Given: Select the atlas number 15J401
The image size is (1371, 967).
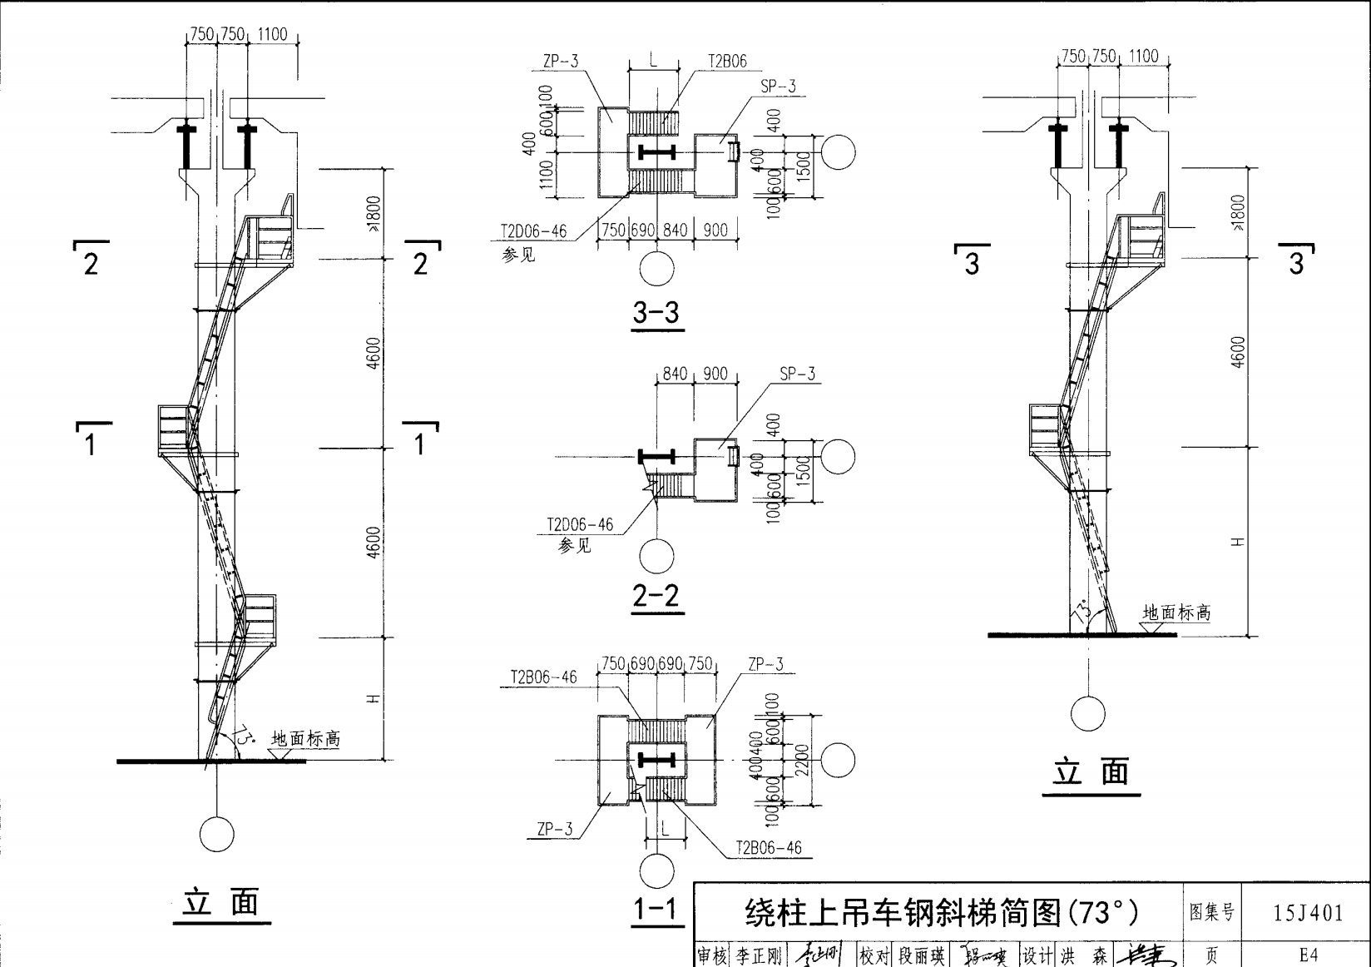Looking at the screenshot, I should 1308,913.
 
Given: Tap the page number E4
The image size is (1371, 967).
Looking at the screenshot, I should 1308,955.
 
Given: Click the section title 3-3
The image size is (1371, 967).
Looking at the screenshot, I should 656,313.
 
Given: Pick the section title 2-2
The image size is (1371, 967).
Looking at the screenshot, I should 656,596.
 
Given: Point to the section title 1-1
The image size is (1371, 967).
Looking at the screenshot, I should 656,910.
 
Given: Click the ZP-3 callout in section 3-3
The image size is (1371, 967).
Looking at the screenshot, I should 560,61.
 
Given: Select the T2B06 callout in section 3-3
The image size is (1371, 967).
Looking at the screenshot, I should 727,61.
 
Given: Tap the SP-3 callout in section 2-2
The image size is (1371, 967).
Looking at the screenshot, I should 798,374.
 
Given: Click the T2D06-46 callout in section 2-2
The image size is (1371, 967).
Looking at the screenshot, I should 580,524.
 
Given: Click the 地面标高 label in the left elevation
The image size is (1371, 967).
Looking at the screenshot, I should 305,738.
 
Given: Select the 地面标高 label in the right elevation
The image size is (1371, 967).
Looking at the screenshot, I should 1176,612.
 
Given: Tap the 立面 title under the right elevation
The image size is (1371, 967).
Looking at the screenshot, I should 1091,772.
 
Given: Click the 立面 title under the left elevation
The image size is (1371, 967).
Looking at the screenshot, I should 221,902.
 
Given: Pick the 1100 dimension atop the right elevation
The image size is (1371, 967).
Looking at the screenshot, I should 1143,56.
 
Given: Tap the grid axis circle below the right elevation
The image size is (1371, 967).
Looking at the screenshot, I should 1087,714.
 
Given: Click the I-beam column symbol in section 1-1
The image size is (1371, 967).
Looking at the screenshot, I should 656,760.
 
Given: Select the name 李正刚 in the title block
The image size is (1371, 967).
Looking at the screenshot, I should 759,956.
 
